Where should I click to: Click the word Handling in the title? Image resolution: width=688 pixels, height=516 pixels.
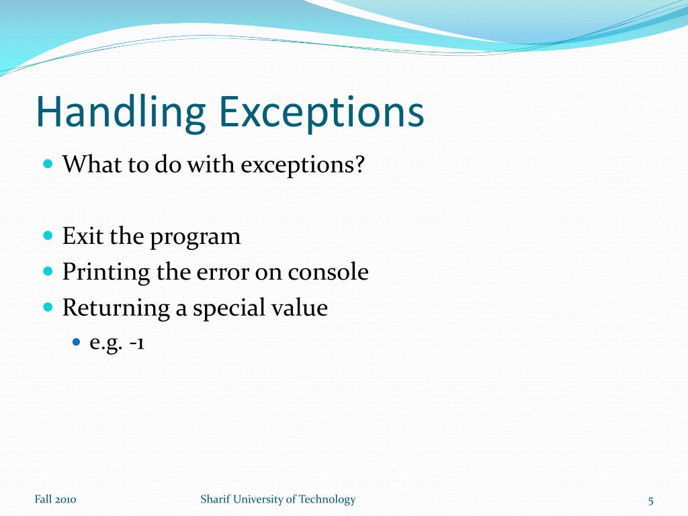(x=121, y=113)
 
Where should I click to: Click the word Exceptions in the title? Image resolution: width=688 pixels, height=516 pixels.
(x=322, y=113)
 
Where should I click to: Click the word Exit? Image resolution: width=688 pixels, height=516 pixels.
(x=80, y=236)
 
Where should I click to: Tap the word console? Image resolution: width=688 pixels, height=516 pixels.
(x=329, y=272)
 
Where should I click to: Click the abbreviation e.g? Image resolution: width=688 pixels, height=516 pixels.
(x=106, y=344)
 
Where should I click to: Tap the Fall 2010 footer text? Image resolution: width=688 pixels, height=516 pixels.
(x=55, y=499)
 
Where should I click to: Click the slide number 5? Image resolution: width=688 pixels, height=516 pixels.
(x=650, y=500)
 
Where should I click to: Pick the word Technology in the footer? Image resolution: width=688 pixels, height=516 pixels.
(x=327, y=499)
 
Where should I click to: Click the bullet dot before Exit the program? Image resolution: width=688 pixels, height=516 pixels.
(x=48, y=236)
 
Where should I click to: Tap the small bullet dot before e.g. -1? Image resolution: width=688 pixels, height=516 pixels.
(x=76, y=343)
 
